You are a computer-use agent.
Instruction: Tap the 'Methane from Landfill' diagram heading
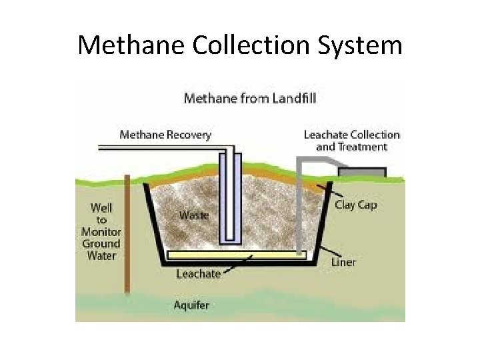click(x=250, y=99)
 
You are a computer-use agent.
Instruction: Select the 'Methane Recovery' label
click(x=165, y=135)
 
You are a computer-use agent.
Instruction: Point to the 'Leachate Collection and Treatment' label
click(x=351, y=140)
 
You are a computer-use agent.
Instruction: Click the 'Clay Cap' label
click(x=355, y=205)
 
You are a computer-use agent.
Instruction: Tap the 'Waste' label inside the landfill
click(x=193, y=215)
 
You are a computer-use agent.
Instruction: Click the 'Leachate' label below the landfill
click(x=198, y=274)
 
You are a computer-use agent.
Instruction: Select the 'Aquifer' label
click(x=191, y=305)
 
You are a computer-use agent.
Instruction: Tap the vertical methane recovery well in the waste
click(x=229, y=200)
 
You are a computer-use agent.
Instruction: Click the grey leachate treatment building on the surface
click(x=361, y=172)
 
